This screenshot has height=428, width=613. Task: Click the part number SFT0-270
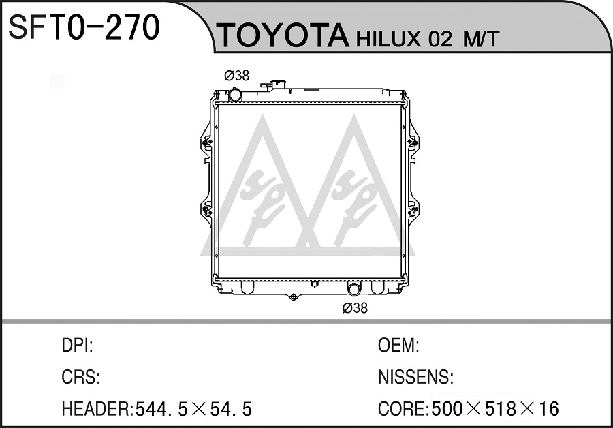pos(84,27)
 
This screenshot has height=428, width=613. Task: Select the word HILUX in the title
pos(388,39)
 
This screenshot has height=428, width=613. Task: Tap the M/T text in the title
pos(480,39)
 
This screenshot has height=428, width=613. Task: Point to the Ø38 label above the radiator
pos(237,75)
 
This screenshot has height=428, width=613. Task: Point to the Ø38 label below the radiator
pos(355,308)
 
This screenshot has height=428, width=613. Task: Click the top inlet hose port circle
pos(235,95)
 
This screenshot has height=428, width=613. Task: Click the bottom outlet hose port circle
pos(355,290)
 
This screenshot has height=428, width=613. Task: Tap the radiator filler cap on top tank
pos(274,85)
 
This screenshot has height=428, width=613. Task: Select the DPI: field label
pos(78,346)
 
